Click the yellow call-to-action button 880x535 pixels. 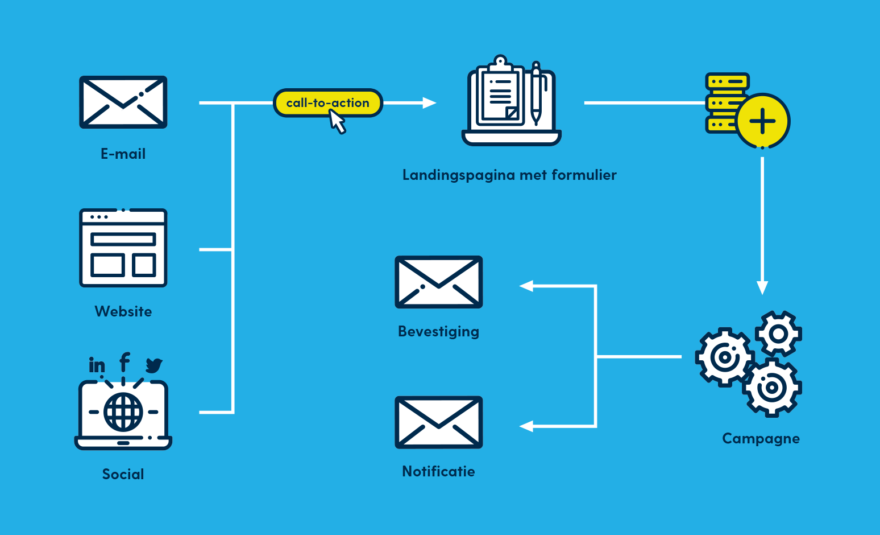327,102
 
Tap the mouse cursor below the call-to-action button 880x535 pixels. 337,121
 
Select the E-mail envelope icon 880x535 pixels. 123,102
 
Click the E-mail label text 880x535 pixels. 123,154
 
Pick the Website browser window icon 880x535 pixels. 123,248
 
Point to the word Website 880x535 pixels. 123,311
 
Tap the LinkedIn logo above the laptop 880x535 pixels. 97,364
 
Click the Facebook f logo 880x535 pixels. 124,362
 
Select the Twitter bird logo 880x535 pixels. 153,365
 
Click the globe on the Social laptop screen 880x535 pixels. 123,411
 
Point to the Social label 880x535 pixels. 123,474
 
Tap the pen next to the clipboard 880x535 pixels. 536,94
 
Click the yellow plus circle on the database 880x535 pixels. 763,121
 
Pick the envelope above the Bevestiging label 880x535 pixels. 439,282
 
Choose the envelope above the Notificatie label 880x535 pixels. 439,422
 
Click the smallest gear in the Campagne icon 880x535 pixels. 778,334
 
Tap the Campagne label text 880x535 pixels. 761,438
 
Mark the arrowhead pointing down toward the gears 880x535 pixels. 762,287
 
